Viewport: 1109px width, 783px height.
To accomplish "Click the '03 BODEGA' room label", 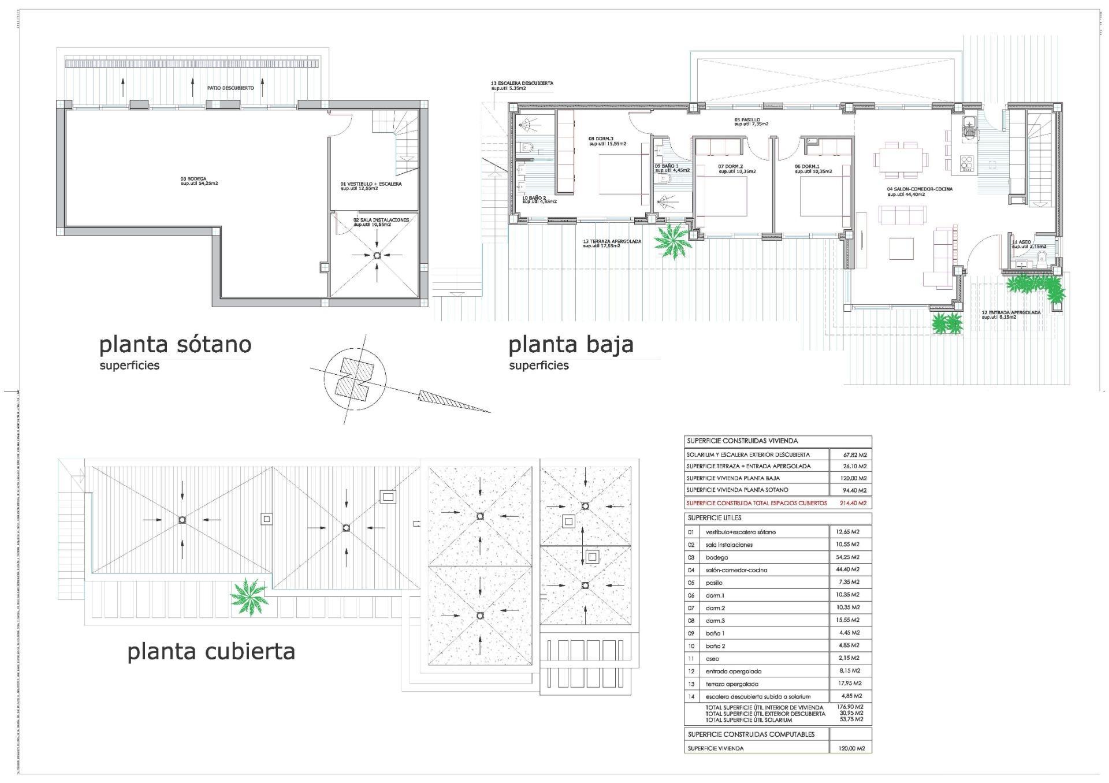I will pos(199,181).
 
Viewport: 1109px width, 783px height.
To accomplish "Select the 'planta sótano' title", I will pos(176,345).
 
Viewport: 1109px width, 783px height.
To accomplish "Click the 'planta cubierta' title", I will pos(211,651).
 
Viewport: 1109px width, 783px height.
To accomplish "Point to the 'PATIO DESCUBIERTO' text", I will pos(230,88).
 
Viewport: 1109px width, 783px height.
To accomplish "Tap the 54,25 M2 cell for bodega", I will pos(848,557).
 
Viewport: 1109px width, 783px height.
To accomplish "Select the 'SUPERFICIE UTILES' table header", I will pos(714,518).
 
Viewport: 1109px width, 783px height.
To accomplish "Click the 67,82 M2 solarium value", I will pos(854,455).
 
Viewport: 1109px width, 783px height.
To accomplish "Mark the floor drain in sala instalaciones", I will pos(377,255).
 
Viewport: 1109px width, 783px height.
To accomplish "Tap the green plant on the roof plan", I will pos(249,596).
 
